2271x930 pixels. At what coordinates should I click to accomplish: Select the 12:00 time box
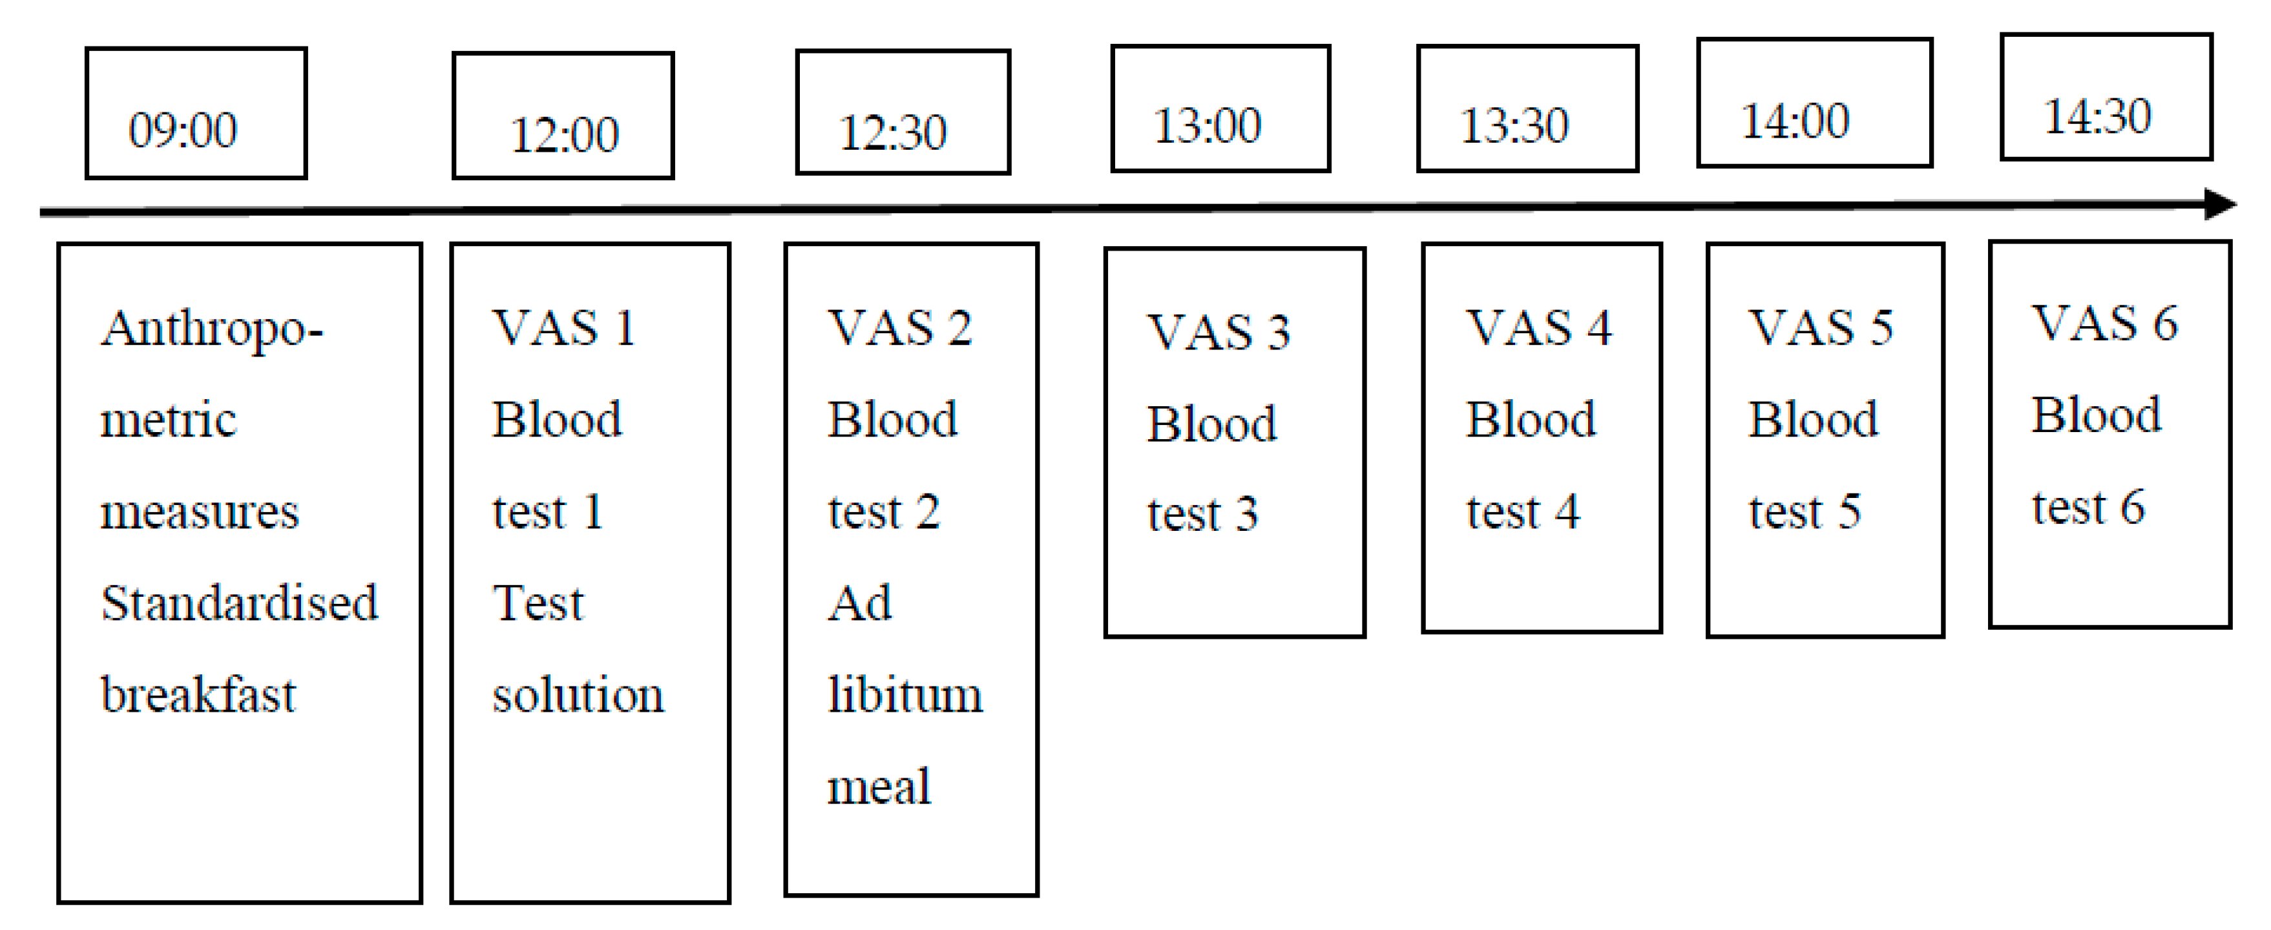click(563, 116)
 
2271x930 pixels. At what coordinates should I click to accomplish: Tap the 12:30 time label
click(892, 132)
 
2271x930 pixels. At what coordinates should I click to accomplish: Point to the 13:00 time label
click(1207, 125)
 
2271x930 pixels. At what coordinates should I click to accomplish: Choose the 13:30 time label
click(1514, 125)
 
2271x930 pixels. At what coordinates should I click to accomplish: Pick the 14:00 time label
click(1795, 121)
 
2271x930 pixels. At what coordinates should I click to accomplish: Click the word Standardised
click(239, 603)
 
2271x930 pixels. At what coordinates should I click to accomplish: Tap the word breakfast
click(198, 695)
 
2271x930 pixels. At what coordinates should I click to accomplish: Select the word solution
click(578, 695)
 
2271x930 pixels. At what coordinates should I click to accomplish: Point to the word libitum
click(905, 695)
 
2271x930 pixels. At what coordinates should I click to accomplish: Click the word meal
click(878, 787)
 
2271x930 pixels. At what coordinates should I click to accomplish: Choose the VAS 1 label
click(563, 328)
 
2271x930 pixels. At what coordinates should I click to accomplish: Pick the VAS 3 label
click(1219, 333)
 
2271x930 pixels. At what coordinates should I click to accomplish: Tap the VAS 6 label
click(2104, 323)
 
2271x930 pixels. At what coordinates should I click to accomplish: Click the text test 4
click(1523, 512)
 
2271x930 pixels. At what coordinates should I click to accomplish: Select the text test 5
click(1805, 512)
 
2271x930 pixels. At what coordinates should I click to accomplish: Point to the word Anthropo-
click(211, 329)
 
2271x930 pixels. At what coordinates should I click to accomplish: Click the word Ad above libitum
click(859, 604)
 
